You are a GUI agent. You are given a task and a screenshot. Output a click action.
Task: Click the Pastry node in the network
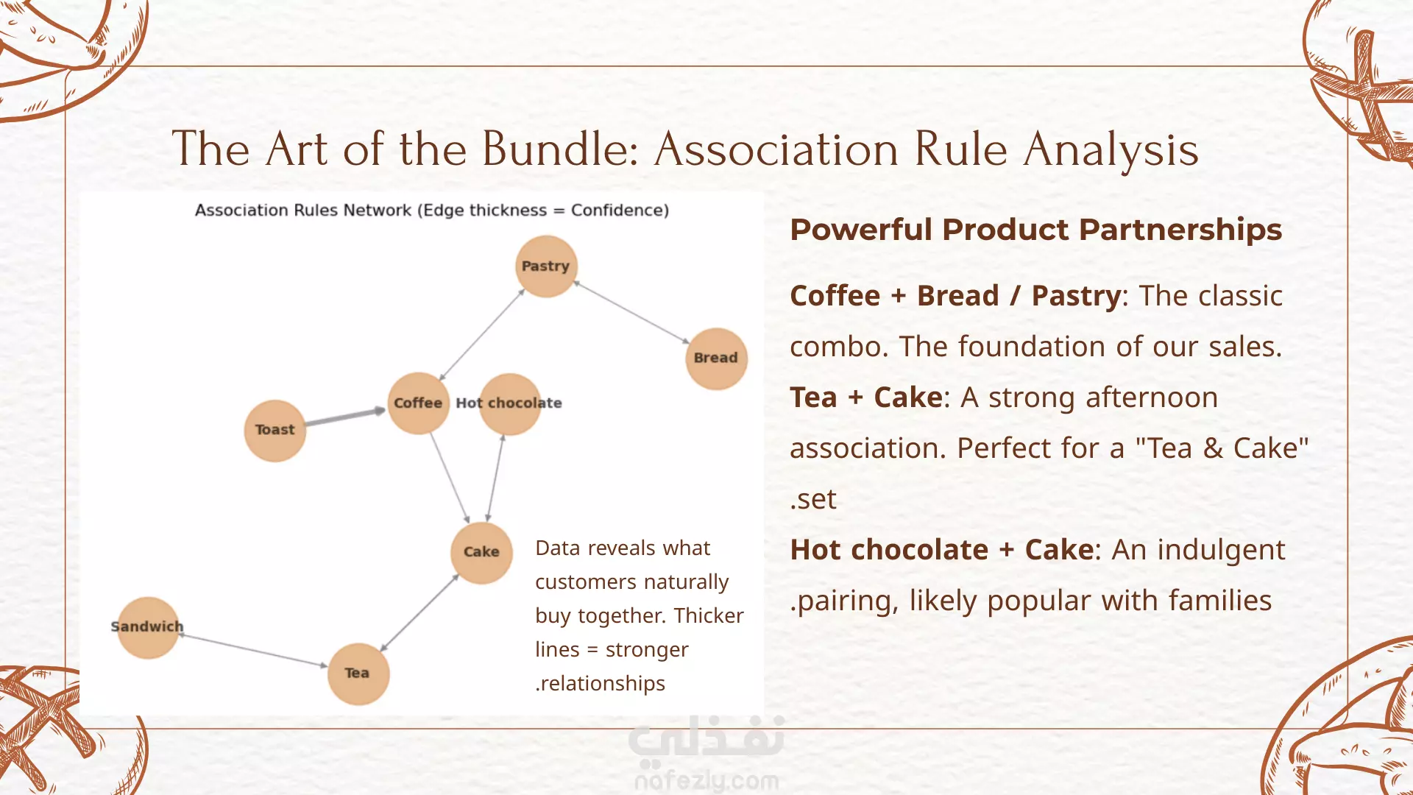pyautogui.click(x=545, y=266)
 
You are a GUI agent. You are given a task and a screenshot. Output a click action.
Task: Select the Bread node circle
pyautogui.click(x=716, y=358)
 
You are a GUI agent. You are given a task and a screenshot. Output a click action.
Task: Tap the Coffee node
pyautogui.click(x=418, y=403)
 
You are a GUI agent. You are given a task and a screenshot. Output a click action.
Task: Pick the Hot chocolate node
pyautogui.click(x=510, y=403)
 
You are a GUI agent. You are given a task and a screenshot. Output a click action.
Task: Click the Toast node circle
pyautogui.click(x=275, y=431)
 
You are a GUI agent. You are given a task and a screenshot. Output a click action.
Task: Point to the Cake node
pyautogui.click(x=481, y=553)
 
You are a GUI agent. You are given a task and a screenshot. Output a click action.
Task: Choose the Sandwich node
pyautogui.click(x=148, y=627)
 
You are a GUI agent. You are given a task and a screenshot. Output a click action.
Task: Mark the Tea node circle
pyautogui.click(x=358, y=674)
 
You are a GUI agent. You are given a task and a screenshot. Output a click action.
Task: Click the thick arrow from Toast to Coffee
pyautogui.click(x=345, y=417)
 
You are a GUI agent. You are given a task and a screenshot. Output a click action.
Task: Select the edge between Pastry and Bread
pyautogui.click(x=631, y=312)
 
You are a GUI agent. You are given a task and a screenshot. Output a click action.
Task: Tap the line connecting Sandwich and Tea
pyautogui.click(x=253, y=650)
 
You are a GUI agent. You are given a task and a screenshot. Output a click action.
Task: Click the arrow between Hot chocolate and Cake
pyautogui.click(x=495, y=478)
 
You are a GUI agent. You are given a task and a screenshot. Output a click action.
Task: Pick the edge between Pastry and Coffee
pyautogui.click(x=482, y=334)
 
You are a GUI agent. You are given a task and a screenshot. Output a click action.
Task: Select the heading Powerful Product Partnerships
pyautogui.click(x=1035, y=230)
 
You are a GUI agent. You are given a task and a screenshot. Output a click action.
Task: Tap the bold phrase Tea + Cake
pyautogui.click(x=866, y=397)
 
